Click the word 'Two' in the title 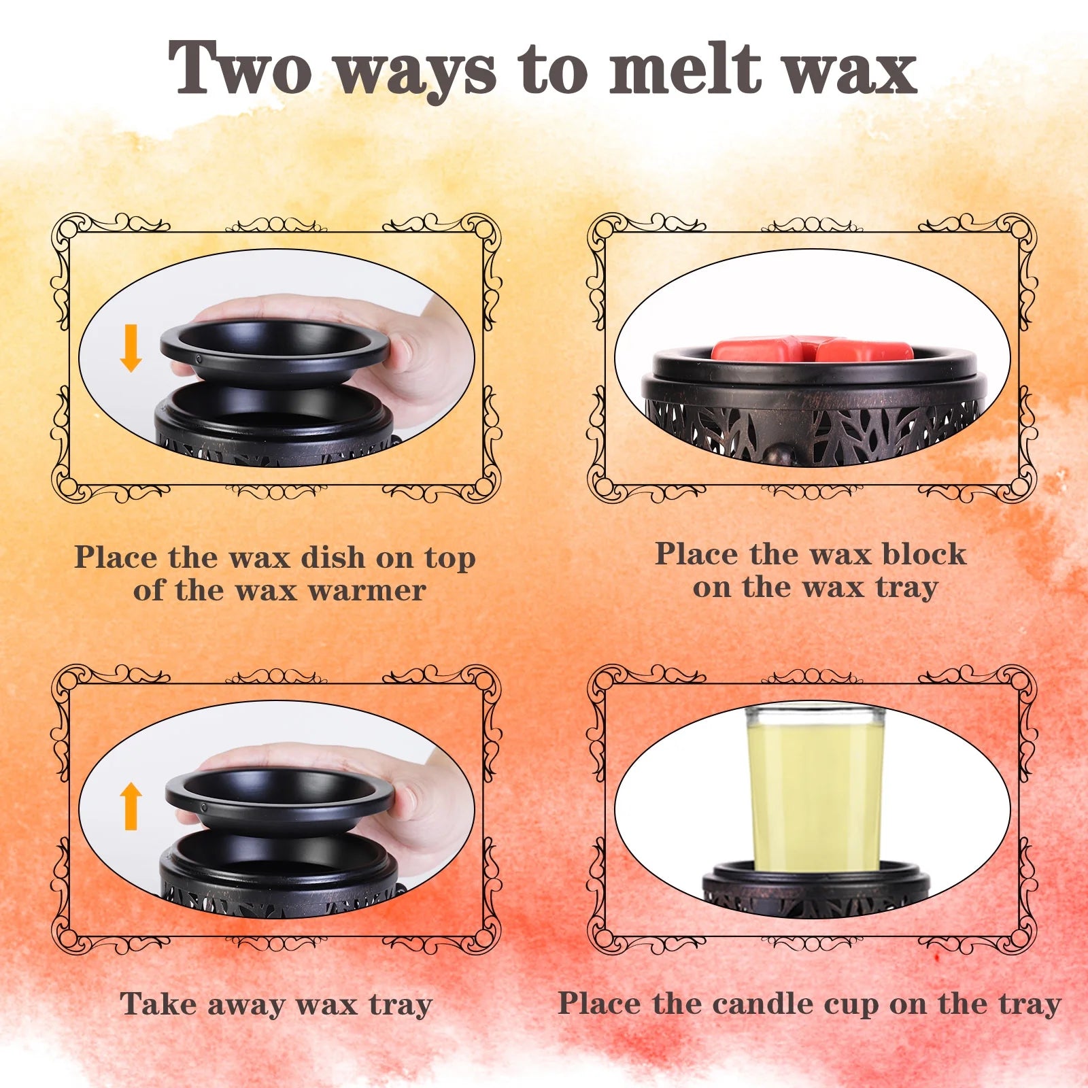click(239, 69)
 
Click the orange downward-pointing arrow click(131, 347)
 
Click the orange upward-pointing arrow click(131, 806)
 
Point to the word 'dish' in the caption click(333, 558)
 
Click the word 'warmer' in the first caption click(367, 590)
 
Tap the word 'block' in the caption click(923, 554)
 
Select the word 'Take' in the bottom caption click(158, 1004)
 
